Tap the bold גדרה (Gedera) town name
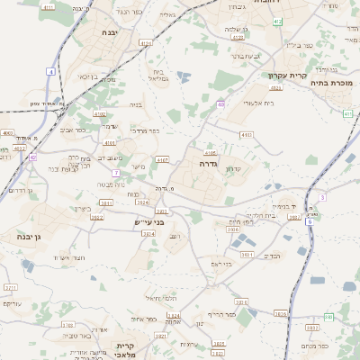click(208, 165)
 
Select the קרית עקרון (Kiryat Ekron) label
click(288, 76)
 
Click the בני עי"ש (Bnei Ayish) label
click(146, 221)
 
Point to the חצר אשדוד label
click(68, 257)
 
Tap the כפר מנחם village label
click(315, 345)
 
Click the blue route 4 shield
click(51, 70)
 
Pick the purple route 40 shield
click(220, 105)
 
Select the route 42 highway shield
click(32, 157)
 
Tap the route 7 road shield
click(116, 172)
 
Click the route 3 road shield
click(321, 196)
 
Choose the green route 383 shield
click(328, 317)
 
